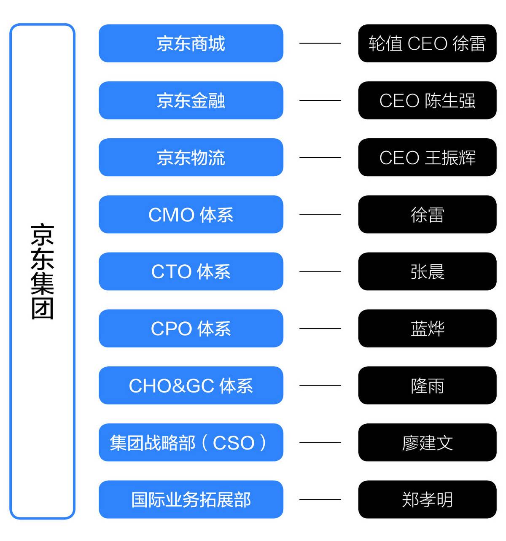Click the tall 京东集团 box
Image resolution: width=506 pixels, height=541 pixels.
click(x=42, y=271)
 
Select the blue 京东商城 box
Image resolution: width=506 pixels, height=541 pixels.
click(x=191, y=43)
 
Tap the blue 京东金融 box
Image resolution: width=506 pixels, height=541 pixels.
click(x=191, y=100)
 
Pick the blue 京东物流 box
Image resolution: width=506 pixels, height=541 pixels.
click(x=191, y=157)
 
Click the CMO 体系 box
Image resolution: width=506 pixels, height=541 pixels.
click(x=191, y=214)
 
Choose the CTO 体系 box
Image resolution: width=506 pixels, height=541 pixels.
click(x=191, y=271)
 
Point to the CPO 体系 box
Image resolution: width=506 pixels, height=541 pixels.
click(x=191, y=328)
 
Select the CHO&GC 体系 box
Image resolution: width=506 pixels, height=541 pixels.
click(x=191, y=385)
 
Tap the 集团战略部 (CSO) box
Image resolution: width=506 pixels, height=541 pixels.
click(x=191, y=442)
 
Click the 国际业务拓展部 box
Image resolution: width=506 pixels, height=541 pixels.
click(x=191, y=499)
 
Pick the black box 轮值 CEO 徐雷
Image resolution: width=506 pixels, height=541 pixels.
click(x=427, y=43)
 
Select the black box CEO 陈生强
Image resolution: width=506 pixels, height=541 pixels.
click(x=427, y=100)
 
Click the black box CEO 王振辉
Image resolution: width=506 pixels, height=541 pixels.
click(x=427, y=157)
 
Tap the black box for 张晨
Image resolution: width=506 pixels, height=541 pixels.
click(x=427, y=271)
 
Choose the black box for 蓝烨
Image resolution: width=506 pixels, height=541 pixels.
click(x=427, y=328)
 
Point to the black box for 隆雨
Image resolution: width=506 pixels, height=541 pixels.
click(x=427, y=385)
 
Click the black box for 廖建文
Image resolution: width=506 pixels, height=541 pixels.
click(x=427, y=442)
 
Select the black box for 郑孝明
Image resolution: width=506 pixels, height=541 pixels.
click(x=427, y=499)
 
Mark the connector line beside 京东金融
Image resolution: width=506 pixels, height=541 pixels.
click(x=320, y=100)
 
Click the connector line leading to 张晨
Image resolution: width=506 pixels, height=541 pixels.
click(x=320, y=271)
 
